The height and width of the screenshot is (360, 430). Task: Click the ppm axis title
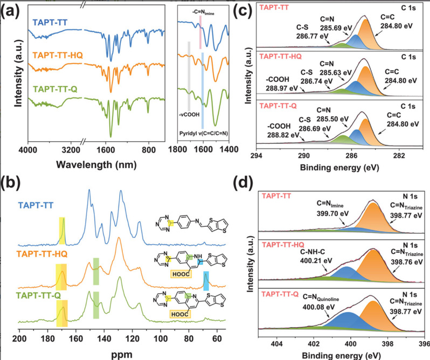128,353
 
